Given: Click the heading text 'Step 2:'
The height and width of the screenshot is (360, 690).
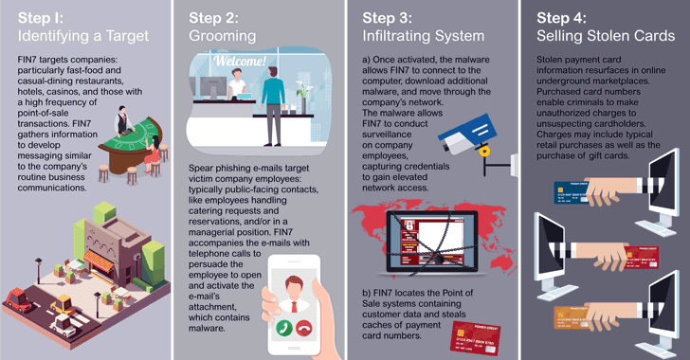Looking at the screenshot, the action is click(213, 18).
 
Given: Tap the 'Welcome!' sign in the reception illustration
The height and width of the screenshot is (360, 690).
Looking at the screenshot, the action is click(240, 61).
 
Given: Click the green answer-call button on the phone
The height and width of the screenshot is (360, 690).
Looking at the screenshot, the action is click(284, 328).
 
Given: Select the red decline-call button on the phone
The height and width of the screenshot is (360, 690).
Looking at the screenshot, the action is click(303, 328).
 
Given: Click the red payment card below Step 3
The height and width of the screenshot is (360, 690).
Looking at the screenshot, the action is click(477, 338).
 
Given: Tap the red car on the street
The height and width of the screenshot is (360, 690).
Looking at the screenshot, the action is click(19, 299).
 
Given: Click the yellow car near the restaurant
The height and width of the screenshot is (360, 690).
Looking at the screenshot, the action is click(63, 304).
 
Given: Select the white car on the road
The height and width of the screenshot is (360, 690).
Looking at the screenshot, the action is click(64, 325).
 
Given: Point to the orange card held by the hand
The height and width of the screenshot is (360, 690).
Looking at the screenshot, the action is click(571, 317).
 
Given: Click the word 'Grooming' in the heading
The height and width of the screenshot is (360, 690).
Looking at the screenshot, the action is click(222, 36).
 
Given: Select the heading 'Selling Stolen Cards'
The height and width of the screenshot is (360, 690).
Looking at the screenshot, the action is click(606, 36).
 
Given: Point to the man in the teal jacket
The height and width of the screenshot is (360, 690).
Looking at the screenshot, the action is click(273, 105).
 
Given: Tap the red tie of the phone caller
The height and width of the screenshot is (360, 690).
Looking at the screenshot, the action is click(294, 305).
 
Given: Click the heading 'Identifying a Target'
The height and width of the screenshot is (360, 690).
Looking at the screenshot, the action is click(83, 36).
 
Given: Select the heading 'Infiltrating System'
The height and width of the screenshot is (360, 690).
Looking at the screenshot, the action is click(424, 36).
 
